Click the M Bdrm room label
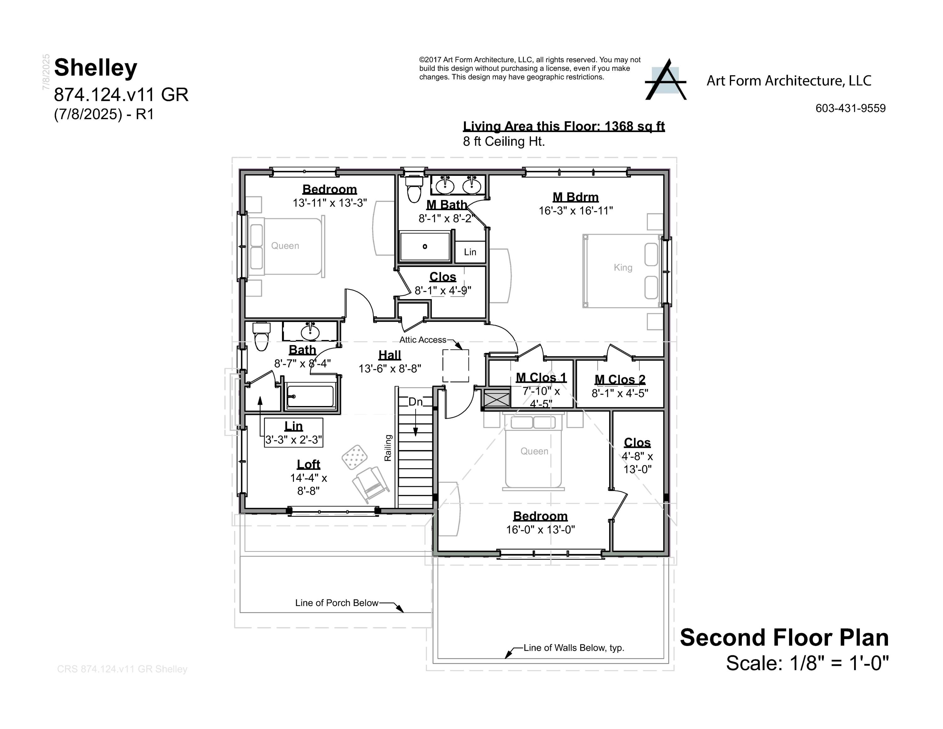click(576, 198)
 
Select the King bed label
click(623, 267)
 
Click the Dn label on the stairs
click(415, 402)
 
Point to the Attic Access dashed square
click(455, 366)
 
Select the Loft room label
click(308, 464)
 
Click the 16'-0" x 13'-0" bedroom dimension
click(540, 530)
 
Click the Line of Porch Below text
click(336, 603)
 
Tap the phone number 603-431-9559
click(850, 109)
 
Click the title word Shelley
click(96, 68)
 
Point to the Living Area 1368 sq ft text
click(564, 126)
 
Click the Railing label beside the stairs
click(388, 448)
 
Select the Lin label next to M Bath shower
click(470, 252)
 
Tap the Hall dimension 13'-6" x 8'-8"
click(389, 368)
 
